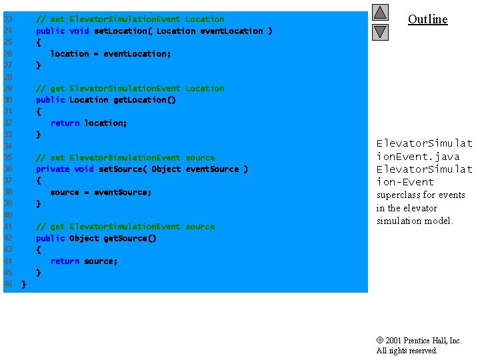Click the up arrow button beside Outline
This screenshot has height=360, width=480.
380,13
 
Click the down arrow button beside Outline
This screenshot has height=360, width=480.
380,31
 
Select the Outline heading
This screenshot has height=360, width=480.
427,19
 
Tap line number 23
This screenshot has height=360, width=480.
8,19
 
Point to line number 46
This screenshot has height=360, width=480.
8,285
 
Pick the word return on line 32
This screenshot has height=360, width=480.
65,123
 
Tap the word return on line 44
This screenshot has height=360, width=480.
65,261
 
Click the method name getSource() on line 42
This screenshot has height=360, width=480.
129,239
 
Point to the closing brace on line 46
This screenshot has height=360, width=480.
24,285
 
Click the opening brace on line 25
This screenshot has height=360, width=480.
38,42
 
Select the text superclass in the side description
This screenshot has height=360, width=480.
398,195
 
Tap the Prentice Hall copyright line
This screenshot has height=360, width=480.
419,341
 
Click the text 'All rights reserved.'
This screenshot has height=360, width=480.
407,351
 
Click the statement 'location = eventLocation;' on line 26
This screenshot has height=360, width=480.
111,54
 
